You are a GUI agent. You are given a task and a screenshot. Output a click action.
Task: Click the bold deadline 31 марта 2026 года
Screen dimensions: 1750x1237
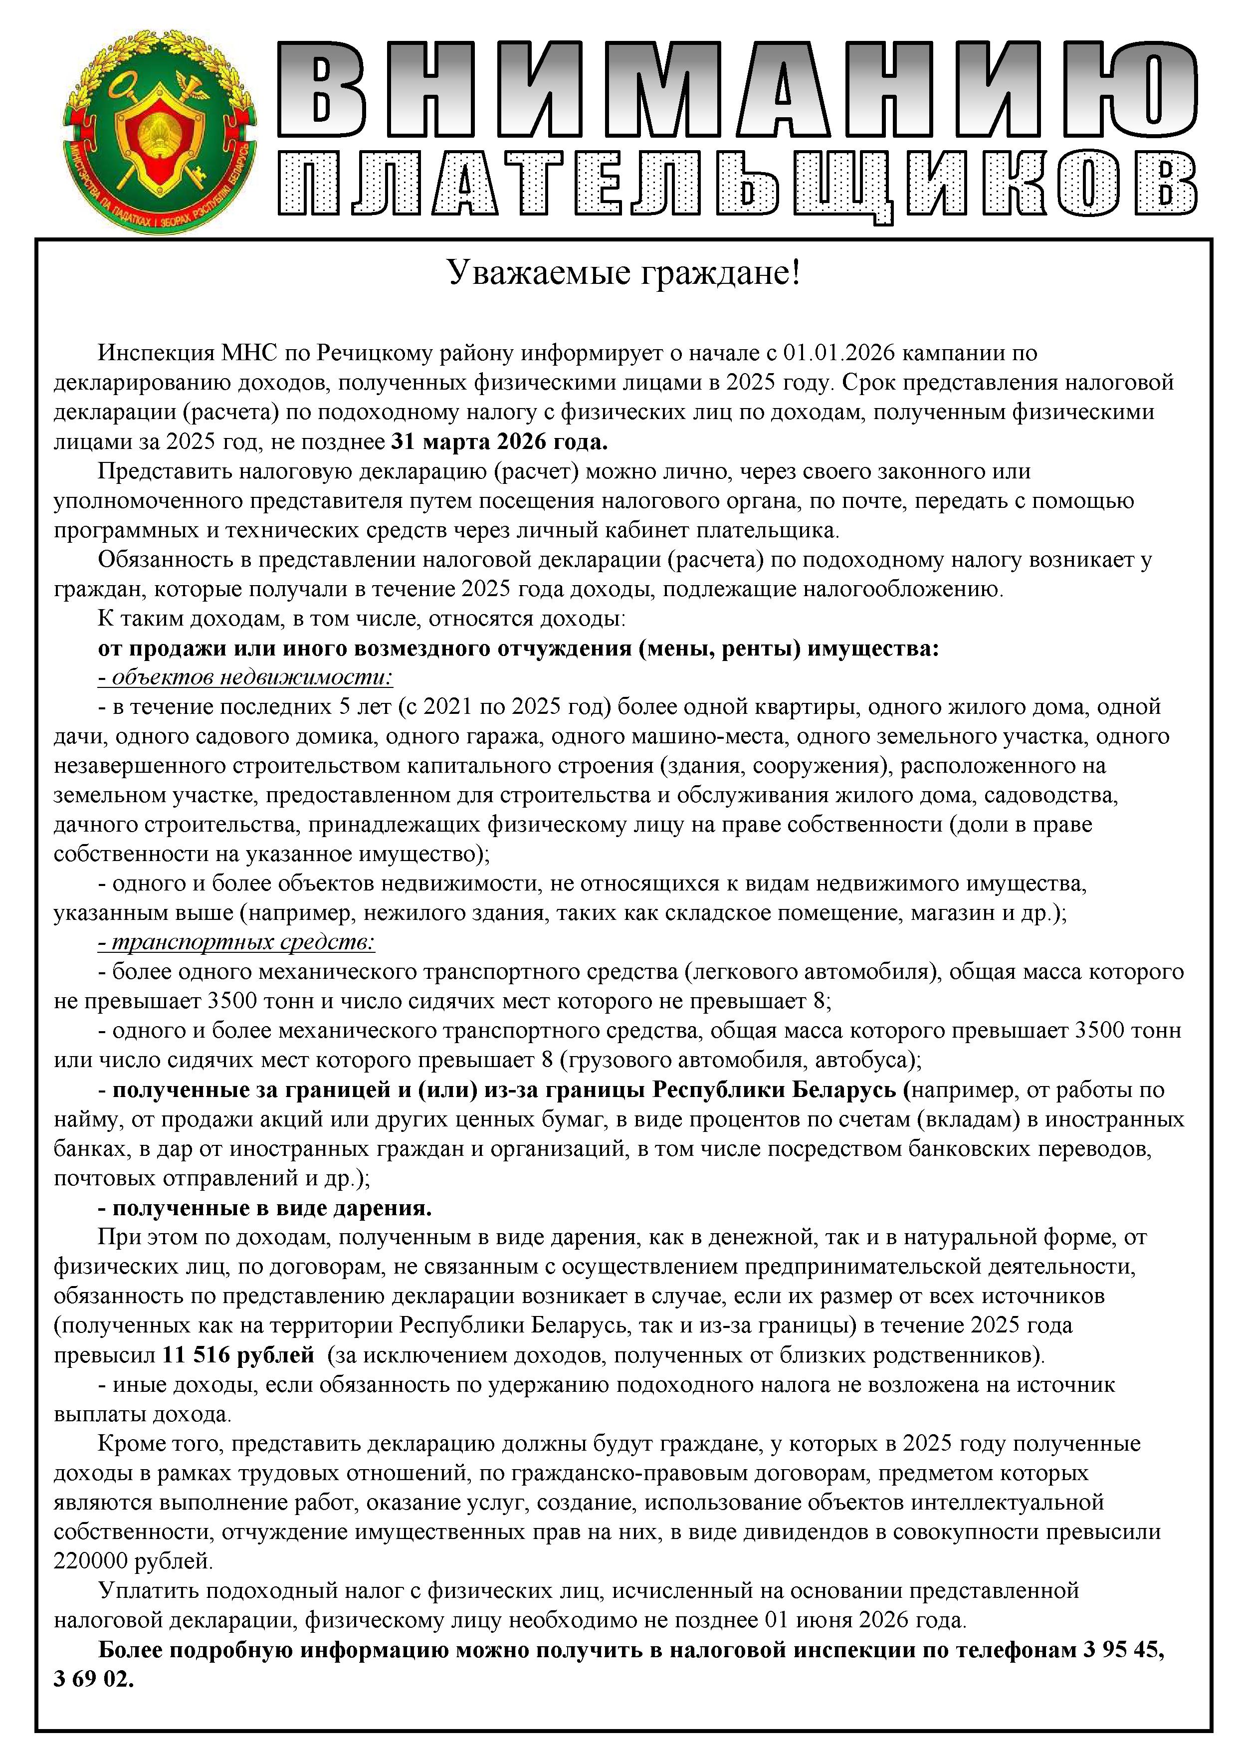click(499, 441)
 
